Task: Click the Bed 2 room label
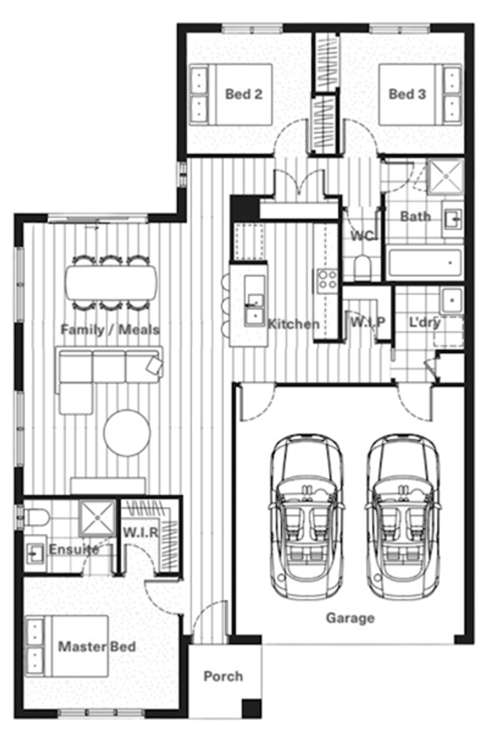(244, 94)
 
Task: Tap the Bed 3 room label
(407, 94)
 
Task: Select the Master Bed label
(97, 646)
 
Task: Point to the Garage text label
(350, 618)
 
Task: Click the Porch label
(223, 676)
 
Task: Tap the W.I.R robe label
(141, 532)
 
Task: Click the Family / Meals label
(110, 330)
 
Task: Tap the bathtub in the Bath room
(426, 264)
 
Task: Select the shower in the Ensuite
(97, 519)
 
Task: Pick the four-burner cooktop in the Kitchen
(328, 280)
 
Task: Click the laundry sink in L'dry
(450, 301)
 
